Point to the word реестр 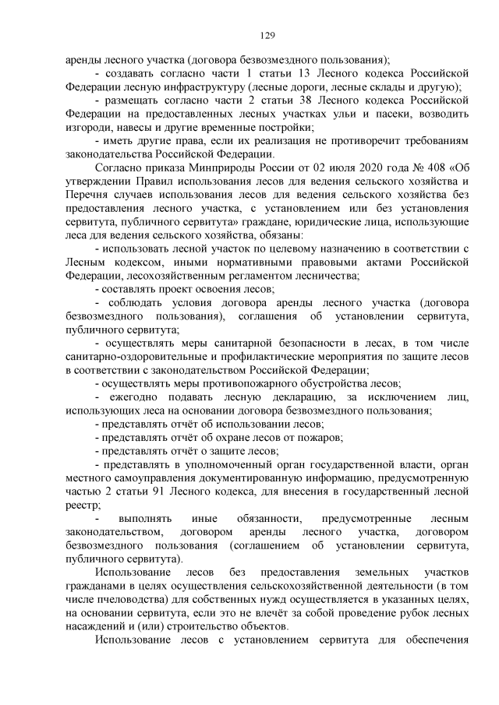(84, 505)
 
